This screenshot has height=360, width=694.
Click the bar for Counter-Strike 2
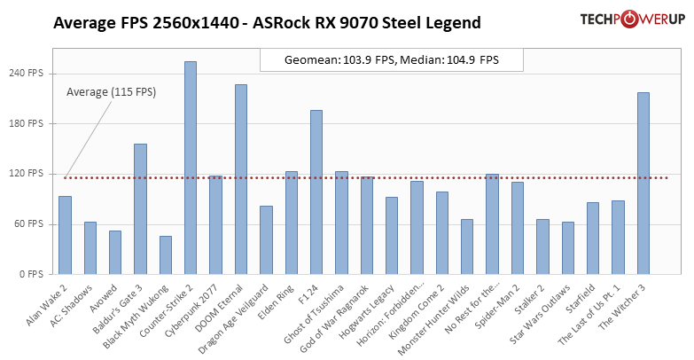[x=191, y=168]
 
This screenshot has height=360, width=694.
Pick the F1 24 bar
[x=316, y=192]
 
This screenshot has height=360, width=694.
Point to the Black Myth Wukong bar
[x=166, y=255]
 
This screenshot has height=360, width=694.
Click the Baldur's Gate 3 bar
[x=140, y=209]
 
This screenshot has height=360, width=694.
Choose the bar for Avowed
[x=115, y=253]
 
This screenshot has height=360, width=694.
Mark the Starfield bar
[x=593, y=239]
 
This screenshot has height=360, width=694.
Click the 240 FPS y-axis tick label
[x=26, y=73]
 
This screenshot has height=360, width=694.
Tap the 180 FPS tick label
[x=26, y=123]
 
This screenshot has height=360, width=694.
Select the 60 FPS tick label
[x=27, y=224]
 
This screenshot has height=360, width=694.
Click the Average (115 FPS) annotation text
[x=112, y=91]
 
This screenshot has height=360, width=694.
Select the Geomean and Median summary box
[x=391, y=60]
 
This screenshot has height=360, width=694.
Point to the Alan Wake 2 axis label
[x=48, y=302]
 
